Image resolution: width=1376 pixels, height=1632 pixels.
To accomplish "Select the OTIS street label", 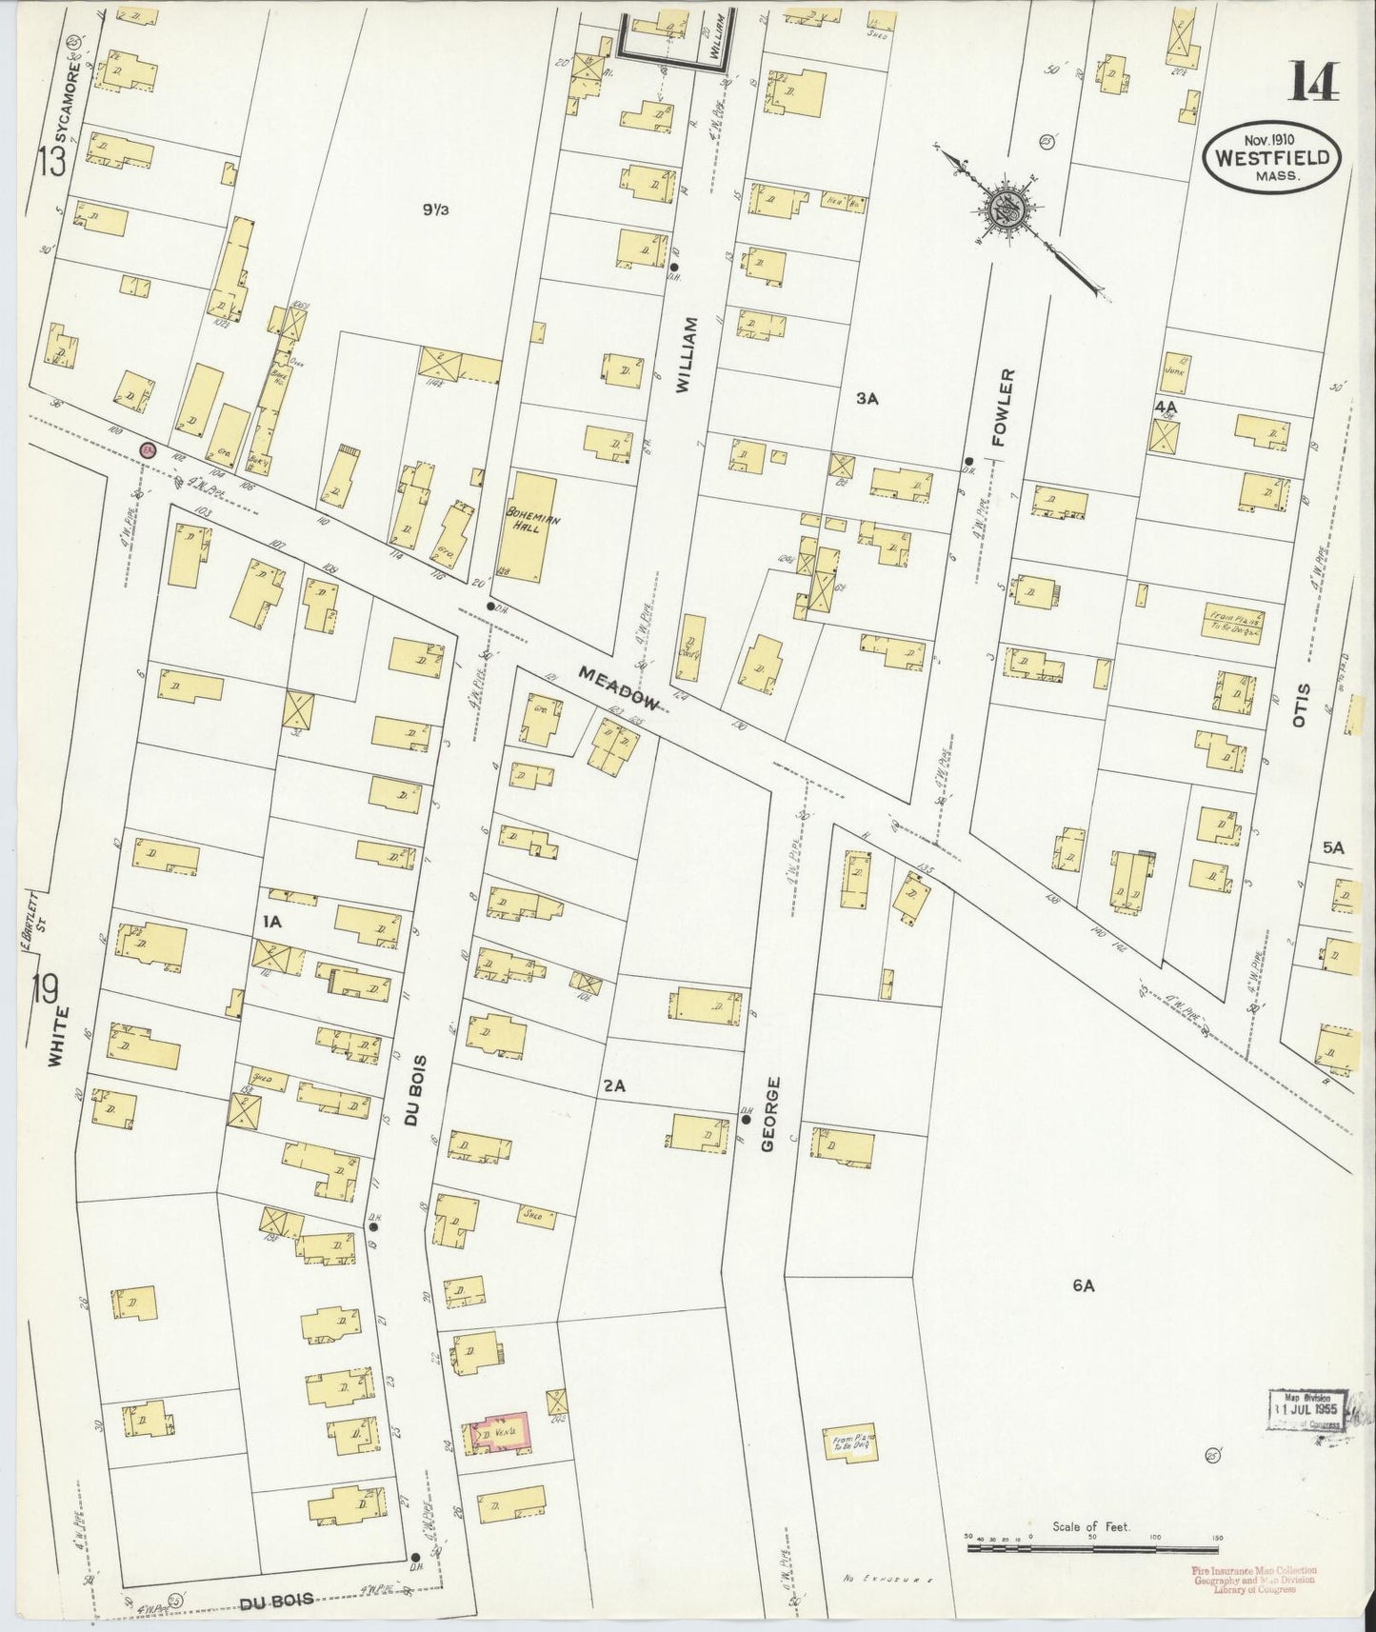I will pyautogui.click(x=1302, y=707).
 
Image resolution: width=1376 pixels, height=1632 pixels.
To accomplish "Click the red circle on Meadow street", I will pyautogui.click(x=147, y=449).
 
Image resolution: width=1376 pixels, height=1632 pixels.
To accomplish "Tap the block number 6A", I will pyautogui.click(x=1084, y=1285).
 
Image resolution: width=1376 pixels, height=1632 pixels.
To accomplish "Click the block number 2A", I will pyautogui.click(x=614, y=1085).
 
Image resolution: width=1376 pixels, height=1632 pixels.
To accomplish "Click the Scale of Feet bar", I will pyautogui.click(x=1092, y=1548).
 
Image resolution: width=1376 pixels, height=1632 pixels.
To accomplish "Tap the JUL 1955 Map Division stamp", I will pyautogui.click(x=1306, y=1409).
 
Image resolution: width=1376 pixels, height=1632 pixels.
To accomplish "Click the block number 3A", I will pyautogui.click(x=866, y=400).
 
